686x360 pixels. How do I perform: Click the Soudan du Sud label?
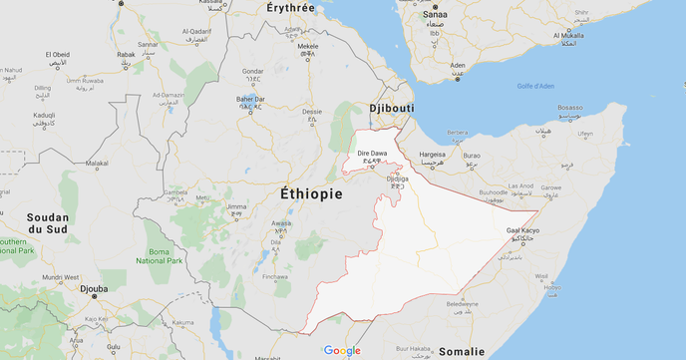47,224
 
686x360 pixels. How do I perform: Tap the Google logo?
342,350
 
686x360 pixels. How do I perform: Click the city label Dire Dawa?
371,153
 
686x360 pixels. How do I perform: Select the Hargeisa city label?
433,155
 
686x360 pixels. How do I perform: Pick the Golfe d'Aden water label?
535,86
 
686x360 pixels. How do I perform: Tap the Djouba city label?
93,290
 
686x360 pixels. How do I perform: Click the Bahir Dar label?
250,99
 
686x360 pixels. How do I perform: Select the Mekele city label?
308,46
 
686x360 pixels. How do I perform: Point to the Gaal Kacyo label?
525,230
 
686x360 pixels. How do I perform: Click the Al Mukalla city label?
568,36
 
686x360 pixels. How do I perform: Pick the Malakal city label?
97,163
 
